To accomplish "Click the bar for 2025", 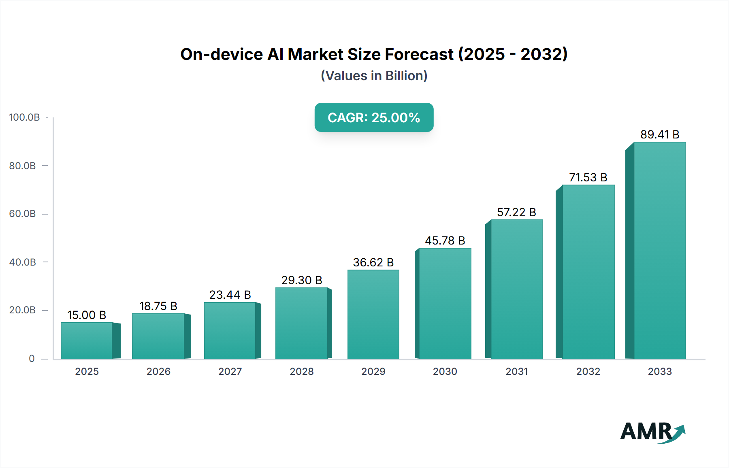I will coord(87,340).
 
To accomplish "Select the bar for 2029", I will coord(373,314).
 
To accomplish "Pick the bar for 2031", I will coord(516,289).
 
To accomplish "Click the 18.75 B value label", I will coord(158,306).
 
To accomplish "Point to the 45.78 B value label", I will coord(445,240).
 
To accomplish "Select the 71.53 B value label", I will coord(588,177).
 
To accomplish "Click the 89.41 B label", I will coord(659,134).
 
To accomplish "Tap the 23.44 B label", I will coord(230,295).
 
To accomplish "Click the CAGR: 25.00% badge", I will coord(374,117).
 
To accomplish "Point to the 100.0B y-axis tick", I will coord(24,117).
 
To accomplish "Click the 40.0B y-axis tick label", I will coord(23,262).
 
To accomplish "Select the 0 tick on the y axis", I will coord(32,358).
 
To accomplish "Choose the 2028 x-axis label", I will coord(302,371).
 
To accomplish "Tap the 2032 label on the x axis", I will coord(588,371).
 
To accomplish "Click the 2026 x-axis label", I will coord(158,371).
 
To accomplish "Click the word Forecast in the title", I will coord(419,54).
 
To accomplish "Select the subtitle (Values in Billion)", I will coord(374,76).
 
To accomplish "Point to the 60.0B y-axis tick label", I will coord(23,214).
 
